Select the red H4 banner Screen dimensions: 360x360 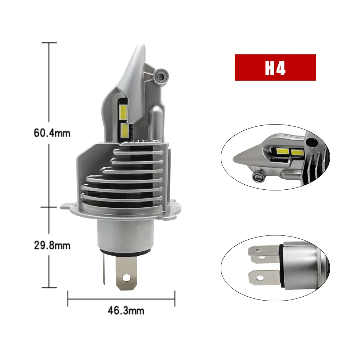pos(275,67)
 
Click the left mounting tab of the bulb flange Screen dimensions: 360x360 pos(67,207)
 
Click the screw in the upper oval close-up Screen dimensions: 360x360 pos(258,176)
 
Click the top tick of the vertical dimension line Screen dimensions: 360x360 pos(49,43)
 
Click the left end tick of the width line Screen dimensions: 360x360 pos(68,298)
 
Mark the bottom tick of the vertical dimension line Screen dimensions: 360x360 pos(49,287)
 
